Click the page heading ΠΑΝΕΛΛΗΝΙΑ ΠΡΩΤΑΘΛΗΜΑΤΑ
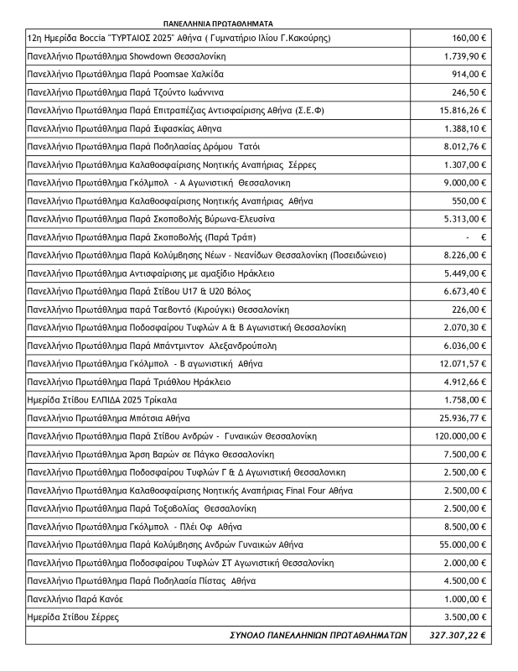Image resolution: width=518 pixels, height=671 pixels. (x=219, y=25)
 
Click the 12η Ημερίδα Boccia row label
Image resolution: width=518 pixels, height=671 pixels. (x=179, y=38)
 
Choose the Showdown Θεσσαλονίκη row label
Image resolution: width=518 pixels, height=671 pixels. (x=127, y=56)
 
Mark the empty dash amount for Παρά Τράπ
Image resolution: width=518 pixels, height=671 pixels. (x=483, y=237)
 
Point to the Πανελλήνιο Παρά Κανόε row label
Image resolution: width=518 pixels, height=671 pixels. (x=78, y=600)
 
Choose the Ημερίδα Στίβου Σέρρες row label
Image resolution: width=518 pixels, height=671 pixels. (x=74, y=617)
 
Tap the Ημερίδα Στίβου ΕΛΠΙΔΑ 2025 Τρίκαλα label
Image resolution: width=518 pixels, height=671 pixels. (x=103, y=400)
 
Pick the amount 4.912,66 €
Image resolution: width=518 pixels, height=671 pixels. (x=463, y=382)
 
